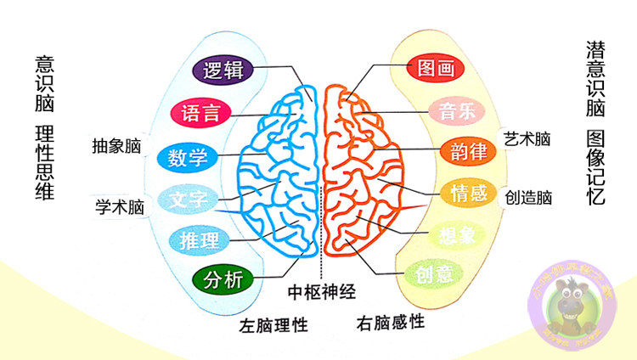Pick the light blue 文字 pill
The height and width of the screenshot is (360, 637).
pos(188,200)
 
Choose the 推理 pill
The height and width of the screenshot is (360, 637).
pos(199,239)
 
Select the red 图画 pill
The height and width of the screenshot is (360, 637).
pos(437,68)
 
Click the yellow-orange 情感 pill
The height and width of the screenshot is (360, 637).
pos(466,193)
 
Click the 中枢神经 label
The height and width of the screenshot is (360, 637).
pos(320,292)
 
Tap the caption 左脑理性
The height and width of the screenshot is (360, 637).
pos(273,325)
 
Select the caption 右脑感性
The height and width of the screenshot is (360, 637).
pos(392,323)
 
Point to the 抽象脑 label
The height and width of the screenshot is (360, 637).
pos(116,145)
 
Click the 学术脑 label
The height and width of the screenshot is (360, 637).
pos(118,205)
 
